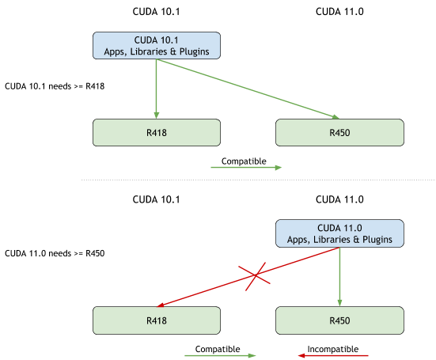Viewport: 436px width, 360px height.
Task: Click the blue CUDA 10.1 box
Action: point(156,45)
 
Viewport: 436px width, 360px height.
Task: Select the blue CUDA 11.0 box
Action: point(339,233)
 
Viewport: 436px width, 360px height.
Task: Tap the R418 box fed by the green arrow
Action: point(156,133)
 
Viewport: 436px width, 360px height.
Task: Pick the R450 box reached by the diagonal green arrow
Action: point(339,133)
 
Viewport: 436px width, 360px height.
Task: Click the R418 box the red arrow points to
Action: point(156,320)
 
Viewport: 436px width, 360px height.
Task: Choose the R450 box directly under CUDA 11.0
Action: point(339,320)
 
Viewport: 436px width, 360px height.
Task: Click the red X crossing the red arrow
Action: point(255,277)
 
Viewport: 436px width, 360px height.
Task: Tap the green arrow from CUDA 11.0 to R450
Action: point(339,277)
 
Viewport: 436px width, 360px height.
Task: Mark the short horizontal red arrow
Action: point(333,355)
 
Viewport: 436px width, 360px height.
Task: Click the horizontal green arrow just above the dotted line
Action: point(246,168)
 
